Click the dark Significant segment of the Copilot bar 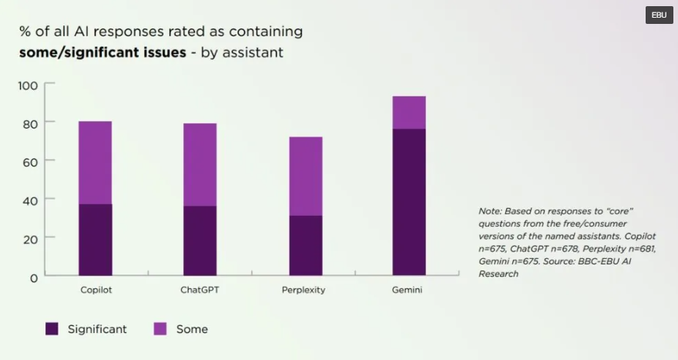pos(95,239)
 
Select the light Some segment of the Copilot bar pos(95,163)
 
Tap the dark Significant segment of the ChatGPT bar pos(200,240)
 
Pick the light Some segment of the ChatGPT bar pos(200,164)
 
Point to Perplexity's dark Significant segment pos(305,245)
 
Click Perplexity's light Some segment pos(305,176)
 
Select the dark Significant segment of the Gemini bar pos(409,201)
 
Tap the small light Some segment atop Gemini pos(409,113)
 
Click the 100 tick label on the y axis pos(28,85)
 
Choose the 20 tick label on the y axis pos(30,239)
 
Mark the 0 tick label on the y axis pos(33,278)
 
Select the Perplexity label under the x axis pos(304,291)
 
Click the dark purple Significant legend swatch pos(52,329)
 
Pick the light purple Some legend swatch pos(160,329)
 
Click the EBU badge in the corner pos(659,15)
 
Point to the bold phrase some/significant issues pos(102,52)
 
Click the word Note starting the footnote pos(489,210)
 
